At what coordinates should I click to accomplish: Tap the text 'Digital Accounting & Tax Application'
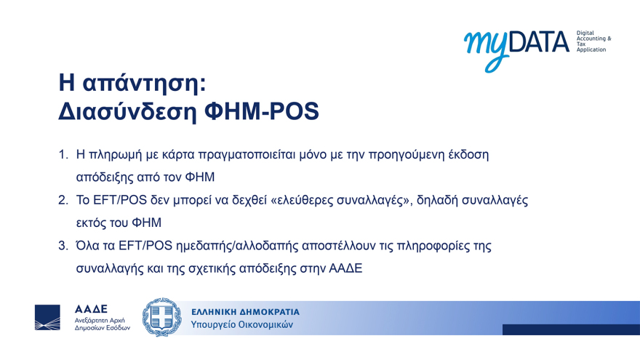tap(593, 41)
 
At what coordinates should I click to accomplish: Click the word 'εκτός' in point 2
tap(93, 222)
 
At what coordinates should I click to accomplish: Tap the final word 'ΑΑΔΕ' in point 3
tap(345, 268)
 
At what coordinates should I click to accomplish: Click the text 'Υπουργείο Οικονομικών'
tap(241, 325)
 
